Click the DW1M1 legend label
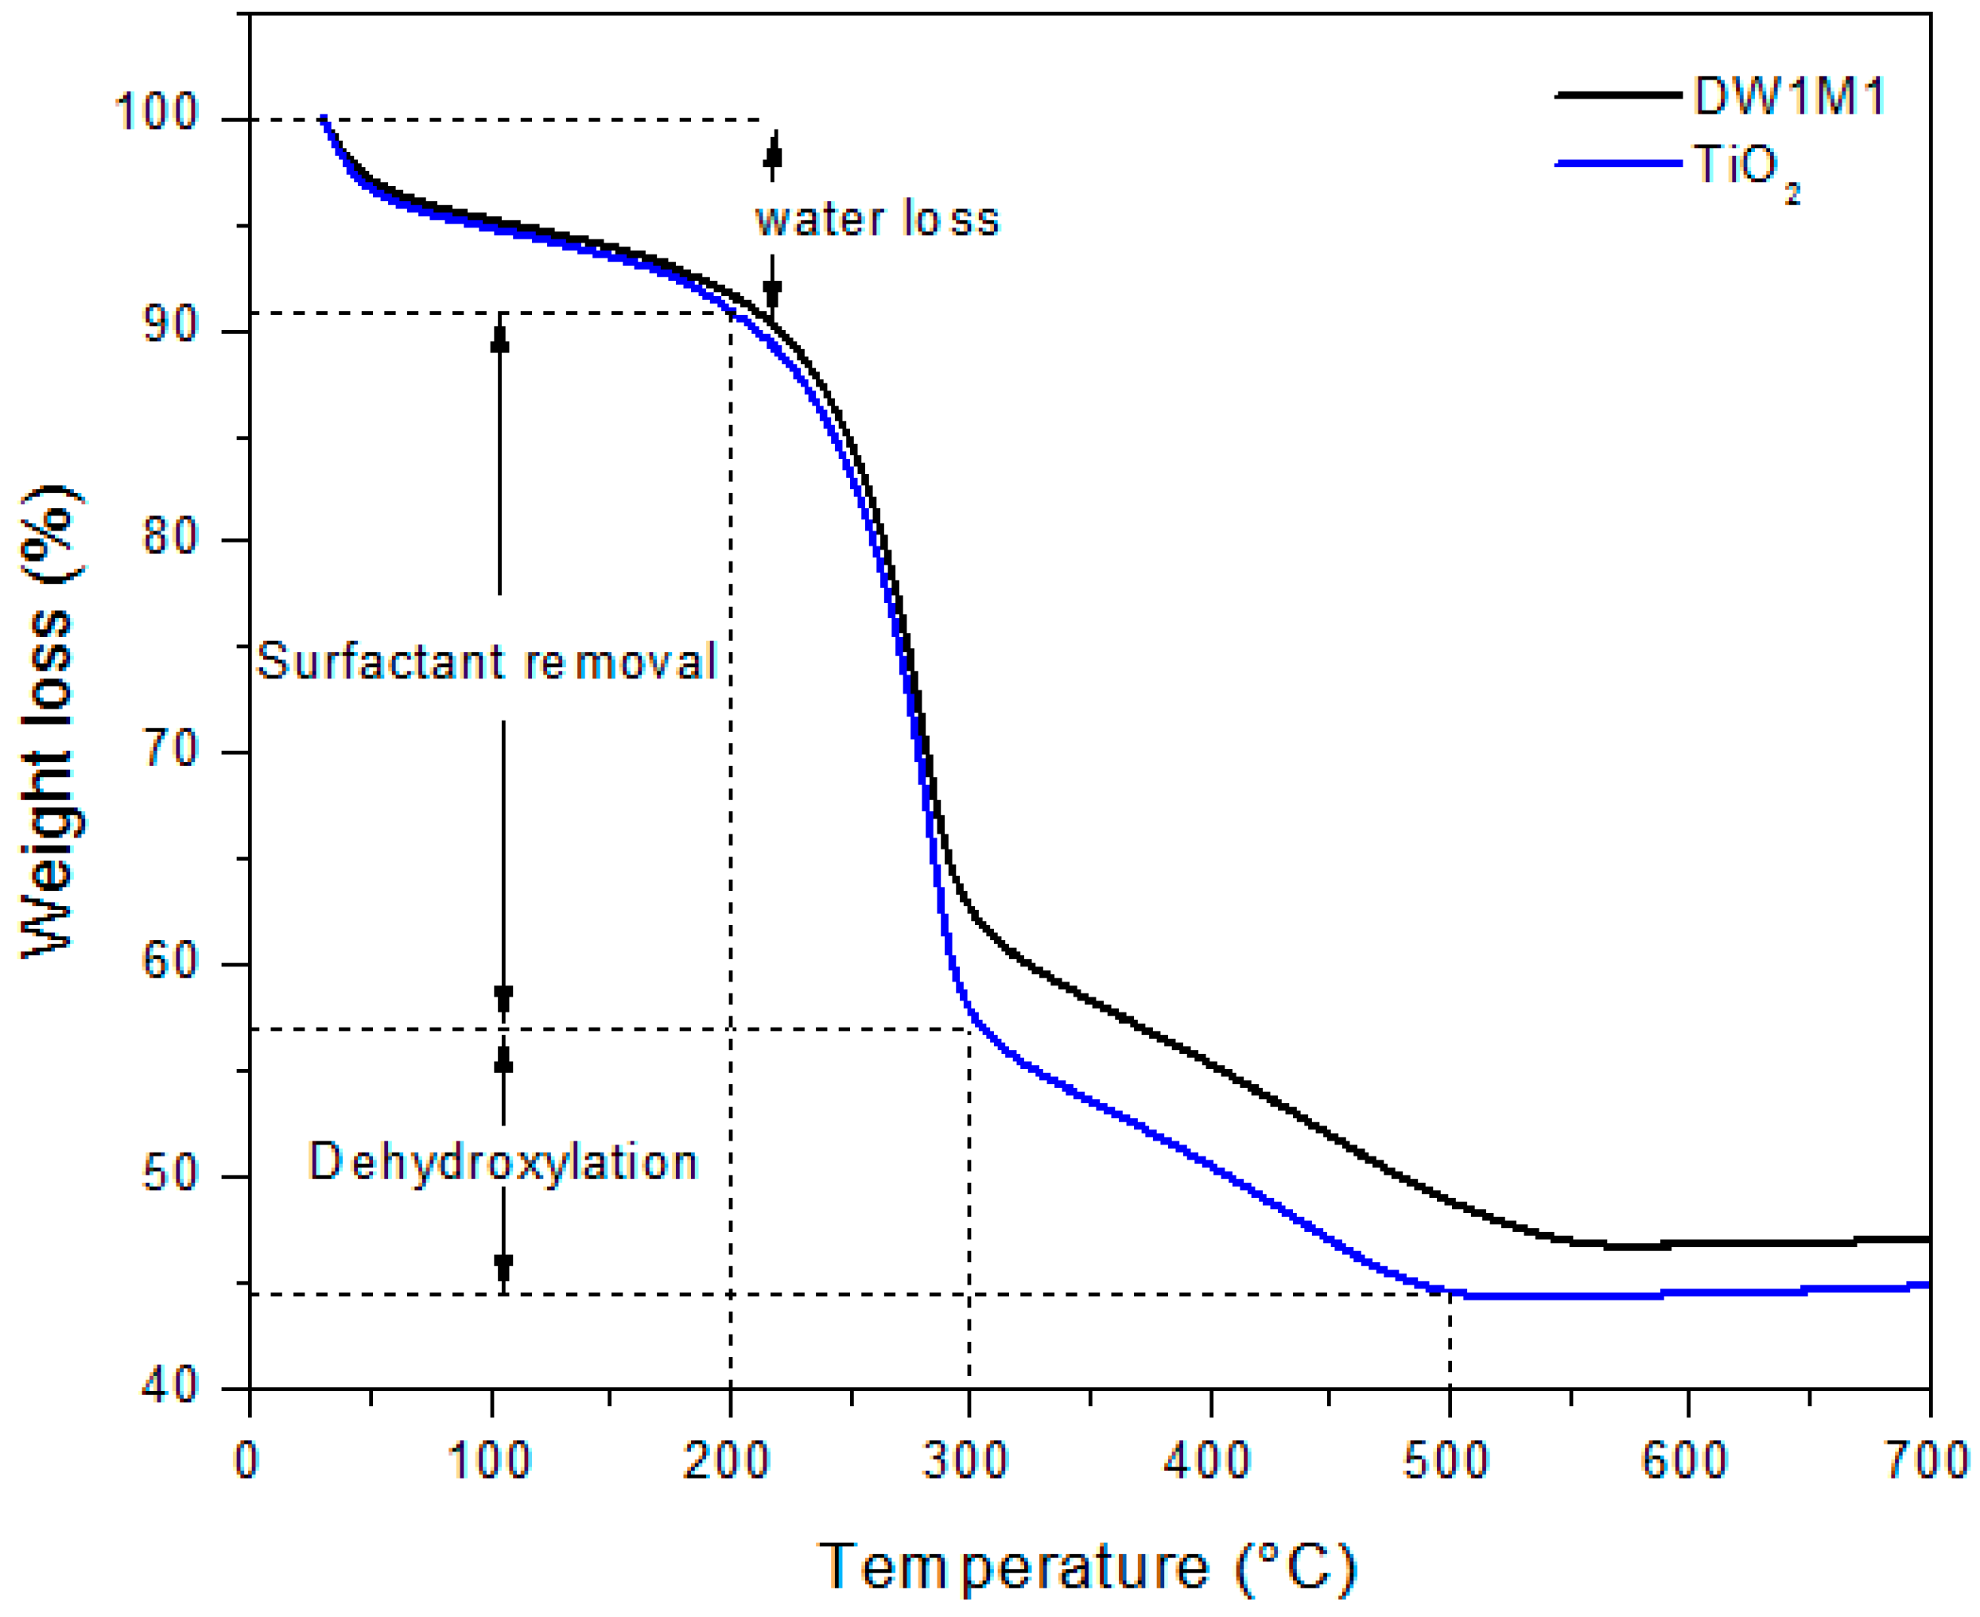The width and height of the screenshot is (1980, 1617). (1788, 96)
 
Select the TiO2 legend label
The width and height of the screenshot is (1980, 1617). (1745, 169)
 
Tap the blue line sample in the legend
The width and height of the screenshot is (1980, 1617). (1619, 163)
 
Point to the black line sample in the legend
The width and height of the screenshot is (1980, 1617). (1619, 95)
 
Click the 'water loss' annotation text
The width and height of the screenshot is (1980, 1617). (876, 220)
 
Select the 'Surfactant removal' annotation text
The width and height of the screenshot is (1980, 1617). (486, 661)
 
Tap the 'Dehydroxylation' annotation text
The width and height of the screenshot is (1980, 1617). (503, 1163)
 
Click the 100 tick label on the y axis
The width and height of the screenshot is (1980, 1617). (156, 113)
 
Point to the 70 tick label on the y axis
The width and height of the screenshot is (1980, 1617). (170, 750)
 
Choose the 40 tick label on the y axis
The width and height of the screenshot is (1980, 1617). (170, 1387)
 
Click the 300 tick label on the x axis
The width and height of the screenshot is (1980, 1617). (966, 1460)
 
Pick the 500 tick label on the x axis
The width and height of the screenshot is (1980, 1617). (1446, 1460)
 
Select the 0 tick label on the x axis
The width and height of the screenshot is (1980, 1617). (246, 1460)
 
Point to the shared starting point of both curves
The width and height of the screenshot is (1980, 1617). (322, 119)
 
